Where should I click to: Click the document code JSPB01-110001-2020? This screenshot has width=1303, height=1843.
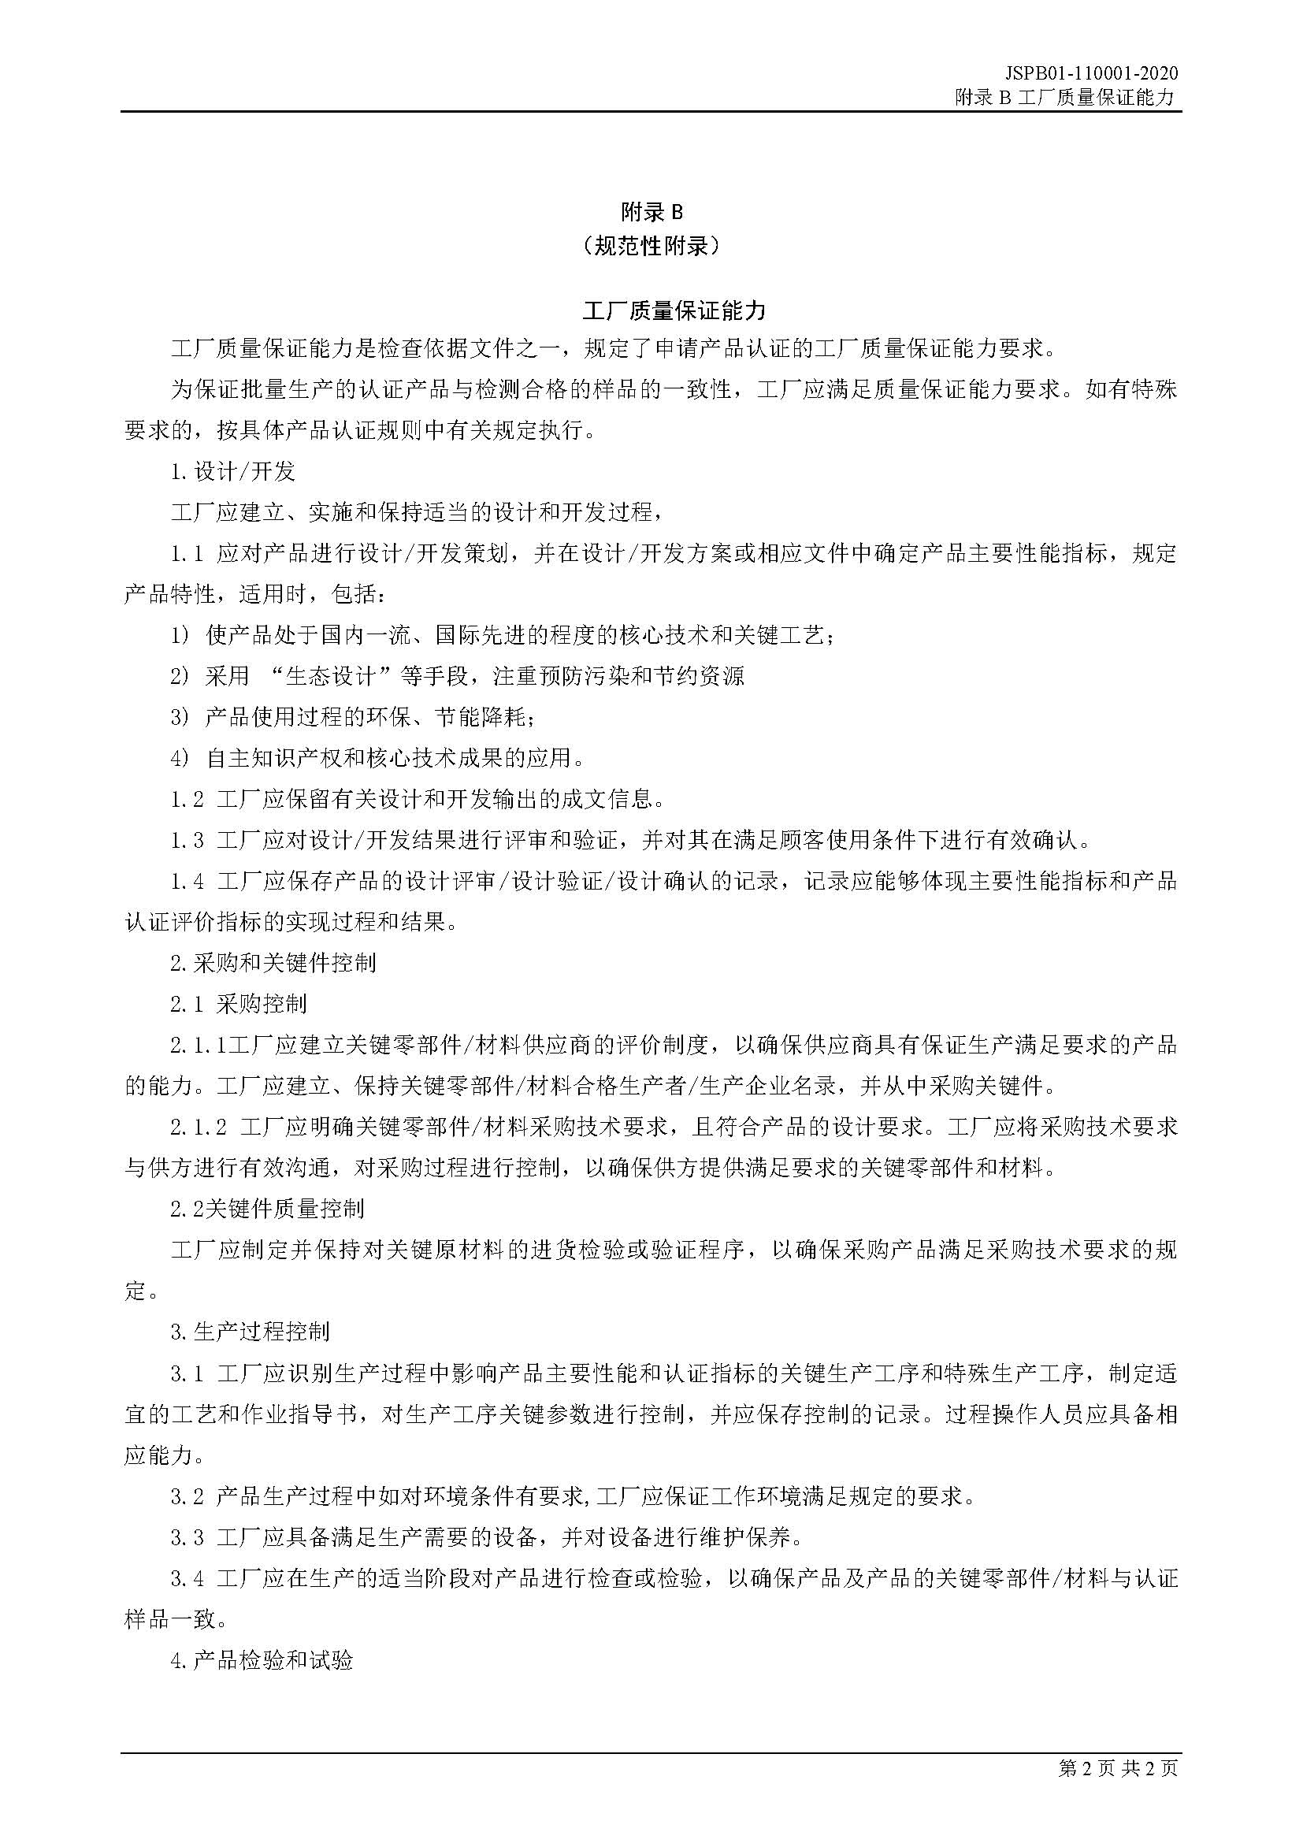pyautogui.click(x=1091, y=73)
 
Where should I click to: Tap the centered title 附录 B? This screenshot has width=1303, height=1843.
pyautogui.click(x=651, y=212)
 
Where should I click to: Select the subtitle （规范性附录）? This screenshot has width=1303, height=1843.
pyautogui.click(x=651, y=246)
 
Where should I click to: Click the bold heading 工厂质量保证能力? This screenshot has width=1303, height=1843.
pyautogui.click(x=651, y=310)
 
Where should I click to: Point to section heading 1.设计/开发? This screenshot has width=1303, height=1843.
pyautogui.click(x=232, y=471)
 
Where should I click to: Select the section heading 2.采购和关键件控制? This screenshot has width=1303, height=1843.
pyautogui.click(x=273, y=962)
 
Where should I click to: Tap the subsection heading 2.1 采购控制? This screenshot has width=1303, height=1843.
pyautogui.click(x=238, y=1003)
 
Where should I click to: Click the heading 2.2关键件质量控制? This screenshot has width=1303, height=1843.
pyautogui.click(x=267, y=1208)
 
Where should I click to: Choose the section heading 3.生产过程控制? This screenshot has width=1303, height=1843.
pyautogui.click(x=250, y=1332)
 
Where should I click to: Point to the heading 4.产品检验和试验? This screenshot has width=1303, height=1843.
pyautogui.click(x=262, y=1660)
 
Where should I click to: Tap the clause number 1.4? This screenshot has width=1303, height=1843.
pyautogui.click(x=187, y=882)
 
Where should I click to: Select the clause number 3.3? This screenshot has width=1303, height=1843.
pyautogui.click(x=187, y=1537)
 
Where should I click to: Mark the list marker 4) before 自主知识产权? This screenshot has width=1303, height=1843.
pyautogui.click(x=180, y=758)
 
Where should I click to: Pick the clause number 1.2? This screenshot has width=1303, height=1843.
pyautogui.click(x=187, y=800)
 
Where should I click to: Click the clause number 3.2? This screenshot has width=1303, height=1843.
pyautogui.click(x=187, y=1496)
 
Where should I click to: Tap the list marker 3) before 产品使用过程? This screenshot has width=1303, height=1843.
pyautogui.click(x=180, y=717)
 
